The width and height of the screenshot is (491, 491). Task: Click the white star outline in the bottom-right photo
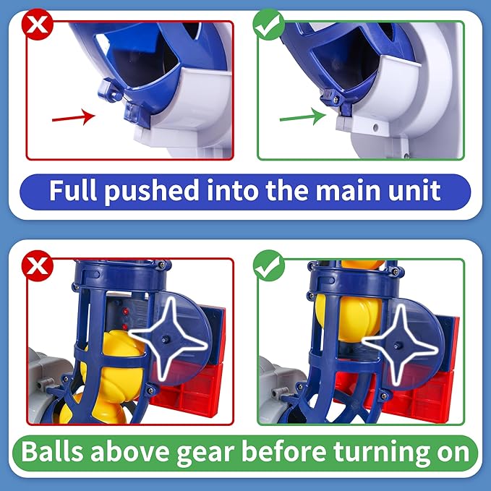[400, 337]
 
